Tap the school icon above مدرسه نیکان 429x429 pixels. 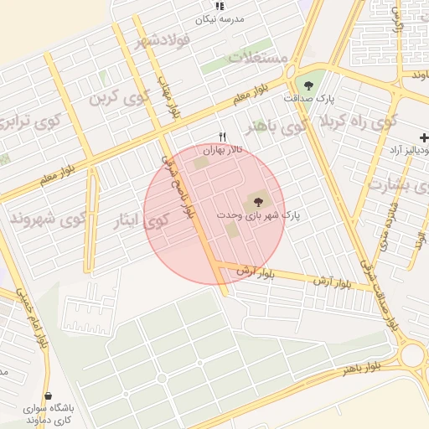click(x=220, y=6)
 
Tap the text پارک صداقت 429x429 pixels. click(x=308, y=99)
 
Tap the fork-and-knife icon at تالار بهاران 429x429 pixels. click(x=222, y=137)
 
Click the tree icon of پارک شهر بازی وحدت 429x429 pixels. click(x=256, y=201)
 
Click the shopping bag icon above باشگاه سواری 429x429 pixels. click(x=48, y=395)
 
